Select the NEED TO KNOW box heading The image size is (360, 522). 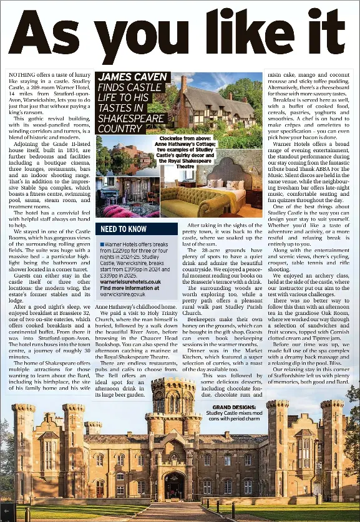(x=124, y=229)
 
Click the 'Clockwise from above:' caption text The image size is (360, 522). (x=185, y=138)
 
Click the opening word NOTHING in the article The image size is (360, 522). (x=22, y=74)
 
